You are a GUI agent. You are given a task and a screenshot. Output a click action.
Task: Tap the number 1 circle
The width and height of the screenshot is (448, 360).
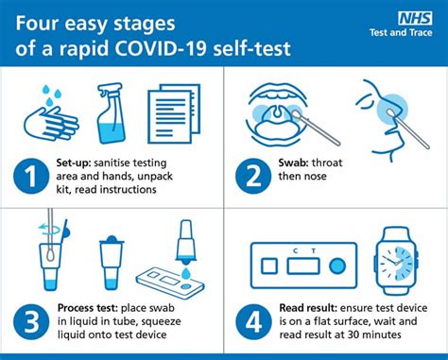(31, 177)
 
